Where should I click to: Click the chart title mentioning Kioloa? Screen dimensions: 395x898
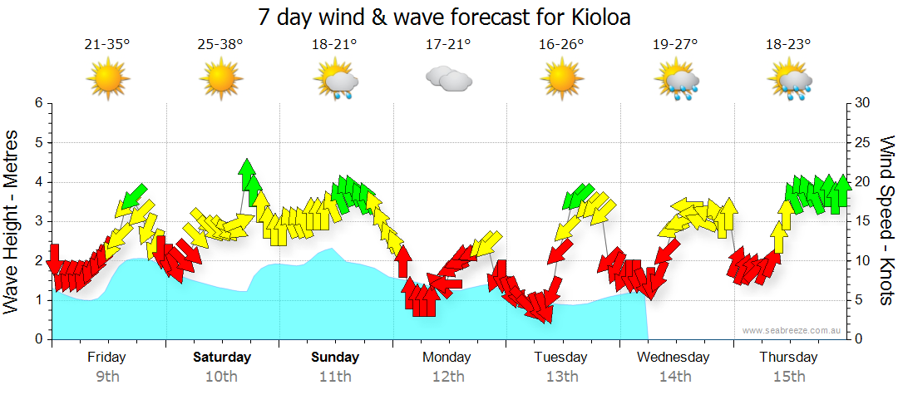[449, 17]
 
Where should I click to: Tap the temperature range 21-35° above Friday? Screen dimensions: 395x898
[107, 45]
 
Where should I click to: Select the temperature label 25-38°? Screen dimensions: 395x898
[220, 45]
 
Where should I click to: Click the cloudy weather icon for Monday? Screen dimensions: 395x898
[448, 79]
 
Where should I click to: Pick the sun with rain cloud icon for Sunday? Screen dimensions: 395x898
[335, 81]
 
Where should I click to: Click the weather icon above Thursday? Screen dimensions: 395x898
[789, 81]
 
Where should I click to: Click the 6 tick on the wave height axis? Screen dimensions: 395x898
[37, 103]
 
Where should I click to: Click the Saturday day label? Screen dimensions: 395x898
[221, 358]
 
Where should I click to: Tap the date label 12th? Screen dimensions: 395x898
[448, 377]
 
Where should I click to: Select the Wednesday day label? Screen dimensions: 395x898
[674, 358]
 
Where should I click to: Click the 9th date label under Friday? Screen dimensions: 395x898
[107, 377]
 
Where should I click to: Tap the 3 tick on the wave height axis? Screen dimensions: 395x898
[37, 221]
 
